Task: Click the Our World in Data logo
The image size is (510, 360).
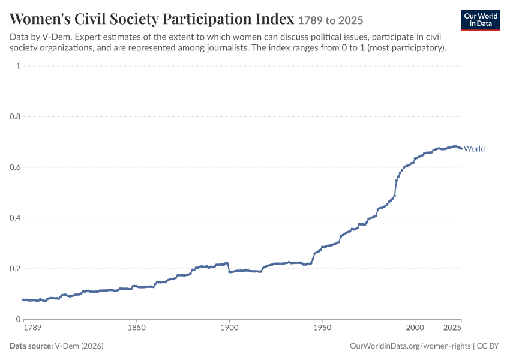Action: [481, 20]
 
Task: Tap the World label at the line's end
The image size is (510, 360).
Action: [474, 149]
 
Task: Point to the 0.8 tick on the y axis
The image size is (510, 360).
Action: [15, 116]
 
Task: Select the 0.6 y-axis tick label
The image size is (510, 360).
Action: [15, 167]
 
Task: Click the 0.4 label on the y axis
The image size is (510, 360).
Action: [15, 218]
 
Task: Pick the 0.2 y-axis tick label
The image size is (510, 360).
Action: [15, 269]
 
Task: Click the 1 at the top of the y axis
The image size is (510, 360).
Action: [18, 65]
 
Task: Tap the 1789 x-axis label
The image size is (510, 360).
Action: [32, 328]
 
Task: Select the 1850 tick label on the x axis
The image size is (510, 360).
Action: [137, 328]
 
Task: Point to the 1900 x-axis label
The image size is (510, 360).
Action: [229, 328]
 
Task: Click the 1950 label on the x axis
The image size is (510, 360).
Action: [322, 328]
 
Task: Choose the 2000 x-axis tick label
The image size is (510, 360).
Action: [415, 328]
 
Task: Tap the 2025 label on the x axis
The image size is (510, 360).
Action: [452, 328]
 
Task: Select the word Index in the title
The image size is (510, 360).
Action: [275, 19]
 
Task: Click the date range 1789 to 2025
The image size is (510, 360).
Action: [331, 20]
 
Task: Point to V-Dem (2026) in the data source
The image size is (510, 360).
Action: [79, 346]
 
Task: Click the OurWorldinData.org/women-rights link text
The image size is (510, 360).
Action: [410, 346]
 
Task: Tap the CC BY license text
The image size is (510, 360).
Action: [488, 346]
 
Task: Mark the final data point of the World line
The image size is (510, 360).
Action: [461, 149]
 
